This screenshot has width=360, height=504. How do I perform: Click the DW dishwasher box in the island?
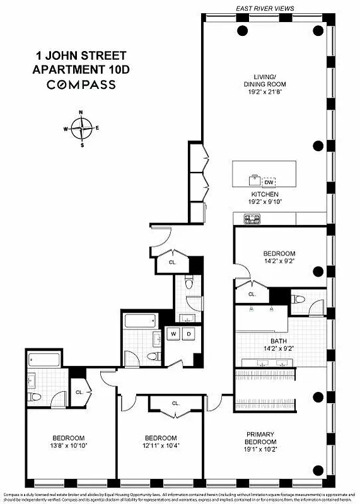[x=269, y=181]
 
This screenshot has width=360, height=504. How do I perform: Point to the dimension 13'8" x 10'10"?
[x=68, y=445]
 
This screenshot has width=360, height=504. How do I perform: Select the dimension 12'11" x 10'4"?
[x=161, y=445]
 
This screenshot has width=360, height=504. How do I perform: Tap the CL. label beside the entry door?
[x=171, y=262]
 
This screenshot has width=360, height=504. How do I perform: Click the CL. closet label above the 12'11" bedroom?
[x=175, y=403]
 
